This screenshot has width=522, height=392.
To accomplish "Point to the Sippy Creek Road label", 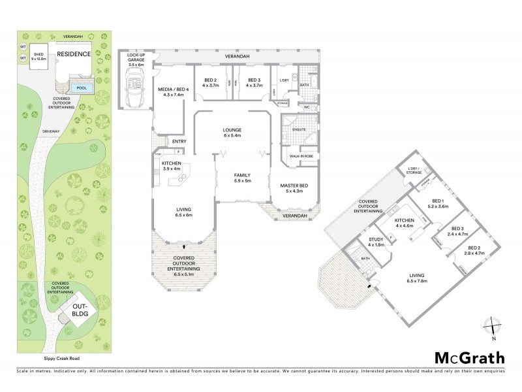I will click(53, 359).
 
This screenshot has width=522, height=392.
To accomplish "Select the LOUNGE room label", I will click(233, 130).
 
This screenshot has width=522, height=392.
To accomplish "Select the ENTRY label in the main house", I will click(179, 141).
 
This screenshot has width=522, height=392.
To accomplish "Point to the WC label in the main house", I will click(307, 106).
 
